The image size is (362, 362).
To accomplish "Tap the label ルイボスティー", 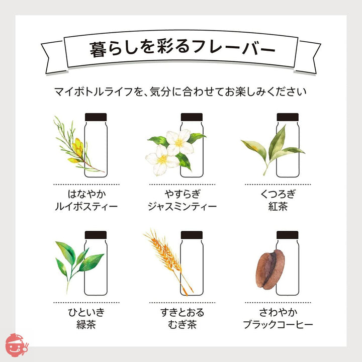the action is pyautogui.click(x=86, y=207).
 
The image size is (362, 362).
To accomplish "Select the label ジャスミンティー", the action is pyautogui.click(x=182, y=207).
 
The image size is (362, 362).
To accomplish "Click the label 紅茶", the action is pyautogui.click(x=278, y=207).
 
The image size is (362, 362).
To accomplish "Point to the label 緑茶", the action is pyautogui.click(x=86, y=324).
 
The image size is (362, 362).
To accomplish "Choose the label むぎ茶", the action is pyautogui.click(x=182, y=324).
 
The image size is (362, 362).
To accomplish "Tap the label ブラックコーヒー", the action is pyautogui.click(x=278, y=325).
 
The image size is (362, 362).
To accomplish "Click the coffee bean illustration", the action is pyautogui.click(x=270, y=269).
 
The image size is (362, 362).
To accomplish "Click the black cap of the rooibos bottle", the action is pyautogui.click(x=96, y=117).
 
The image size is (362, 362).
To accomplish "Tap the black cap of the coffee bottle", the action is pyautogui.click(x=288, y=235).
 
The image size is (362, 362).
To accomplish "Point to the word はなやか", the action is pyautogui.click(x=87, y=194).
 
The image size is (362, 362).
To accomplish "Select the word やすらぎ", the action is pyautogui.click(x=183, y=194).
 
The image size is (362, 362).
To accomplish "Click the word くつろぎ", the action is pyautogui.click(x=278, y=194).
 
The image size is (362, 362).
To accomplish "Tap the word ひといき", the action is pyautogui.click(x=86, y=312).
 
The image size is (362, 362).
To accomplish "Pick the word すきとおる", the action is pyautogui.click(x=183, y=312).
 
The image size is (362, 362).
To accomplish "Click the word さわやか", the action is pyautogui.click(x=278, y=312).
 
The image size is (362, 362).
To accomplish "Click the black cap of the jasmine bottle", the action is pyautogui.click(x=192, y=117).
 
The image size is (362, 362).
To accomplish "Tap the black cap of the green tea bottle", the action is pyautogui.click(x=96, y=235).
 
